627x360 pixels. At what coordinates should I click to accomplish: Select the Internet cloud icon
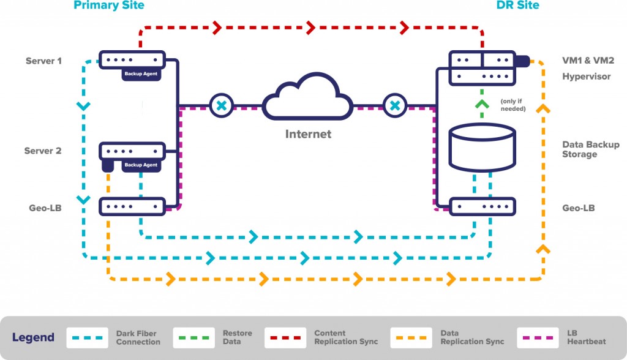(x=307, y=101)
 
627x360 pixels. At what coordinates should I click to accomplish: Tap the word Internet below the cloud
(x=308, y=134)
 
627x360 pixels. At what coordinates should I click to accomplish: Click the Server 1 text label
(x=43, y=61)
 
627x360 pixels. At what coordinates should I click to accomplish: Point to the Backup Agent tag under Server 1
(x=141, y=73)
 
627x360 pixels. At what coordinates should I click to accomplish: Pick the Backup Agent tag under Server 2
(x=141, y=165)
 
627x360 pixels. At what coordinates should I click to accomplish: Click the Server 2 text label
(x=43, y=151)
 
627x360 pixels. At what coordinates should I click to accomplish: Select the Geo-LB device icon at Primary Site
(x=133, y=206)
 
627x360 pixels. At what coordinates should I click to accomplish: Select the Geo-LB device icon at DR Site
(x=482, y=206)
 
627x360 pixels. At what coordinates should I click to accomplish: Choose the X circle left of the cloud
(x=222, y=106)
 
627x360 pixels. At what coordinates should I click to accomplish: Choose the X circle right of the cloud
(x=395, y=106)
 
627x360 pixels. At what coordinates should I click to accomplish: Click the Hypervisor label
(x=586, y=77)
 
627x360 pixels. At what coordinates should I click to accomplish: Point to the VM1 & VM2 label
(x=588, y=61)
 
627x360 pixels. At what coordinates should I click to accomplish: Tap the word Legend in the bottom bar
(x=33, y=337)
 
